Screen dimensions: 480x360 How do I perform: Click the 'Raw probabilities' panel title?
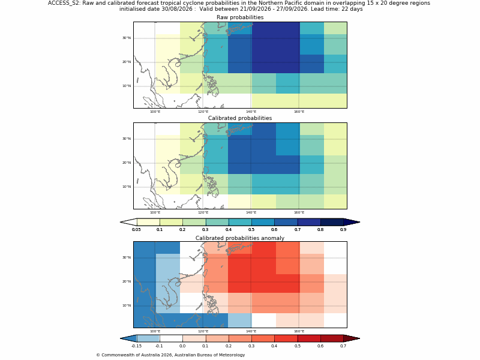[x=240, y=17]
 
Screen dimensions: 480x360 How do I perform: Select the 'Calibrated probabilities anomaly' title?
[x=240, y=238]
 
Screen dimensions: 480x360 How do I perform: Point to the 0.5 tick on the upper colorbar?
[x=251, y=230]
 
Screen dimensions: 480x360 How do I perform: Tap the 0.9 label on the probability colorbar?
[x=343, y=230]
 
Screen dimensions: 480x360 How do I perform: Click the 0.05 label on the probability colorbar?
[x=137, y=230]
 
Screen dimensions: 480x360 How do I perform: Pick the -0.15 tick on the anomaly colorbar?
[x=137, y=346]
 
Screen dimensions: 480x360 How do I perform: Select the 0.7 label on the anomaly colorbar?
[x=343, y=346]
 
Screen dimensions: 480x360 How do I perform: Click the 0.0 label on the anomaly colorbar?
[x=182, y=346]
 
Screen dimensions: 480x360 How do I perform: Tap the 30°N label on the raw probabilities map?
[x=127, y=38]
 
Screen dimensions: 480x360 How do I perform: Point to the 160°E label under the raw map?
[x=299, y=112]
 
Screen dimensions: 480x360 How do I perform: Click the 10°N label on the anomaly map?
[x=127, y=305]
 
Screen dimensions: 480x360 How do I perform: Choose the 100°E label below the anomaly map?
[x=155, y=331]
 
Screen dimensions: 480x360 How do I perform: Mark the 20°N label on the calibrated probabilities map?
[x=127, y=163]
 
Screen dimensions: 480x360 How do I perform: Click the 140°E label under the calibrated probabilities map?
[x=251, y=212]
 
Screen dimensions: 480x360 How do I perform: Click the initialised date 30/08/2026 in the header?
[x=176, y=9]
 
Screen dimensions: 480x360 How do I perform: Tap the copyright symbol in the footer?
[x=98, y=355]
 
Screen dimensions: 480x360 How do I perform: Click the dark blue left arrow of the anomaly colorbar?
[x=128, y=338]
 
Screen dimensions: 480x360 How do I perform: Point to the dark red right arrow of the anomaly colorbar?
[x=352, y=338]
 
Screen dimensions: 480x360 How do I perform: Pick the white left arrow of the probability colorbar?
[x=128, y=222]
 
